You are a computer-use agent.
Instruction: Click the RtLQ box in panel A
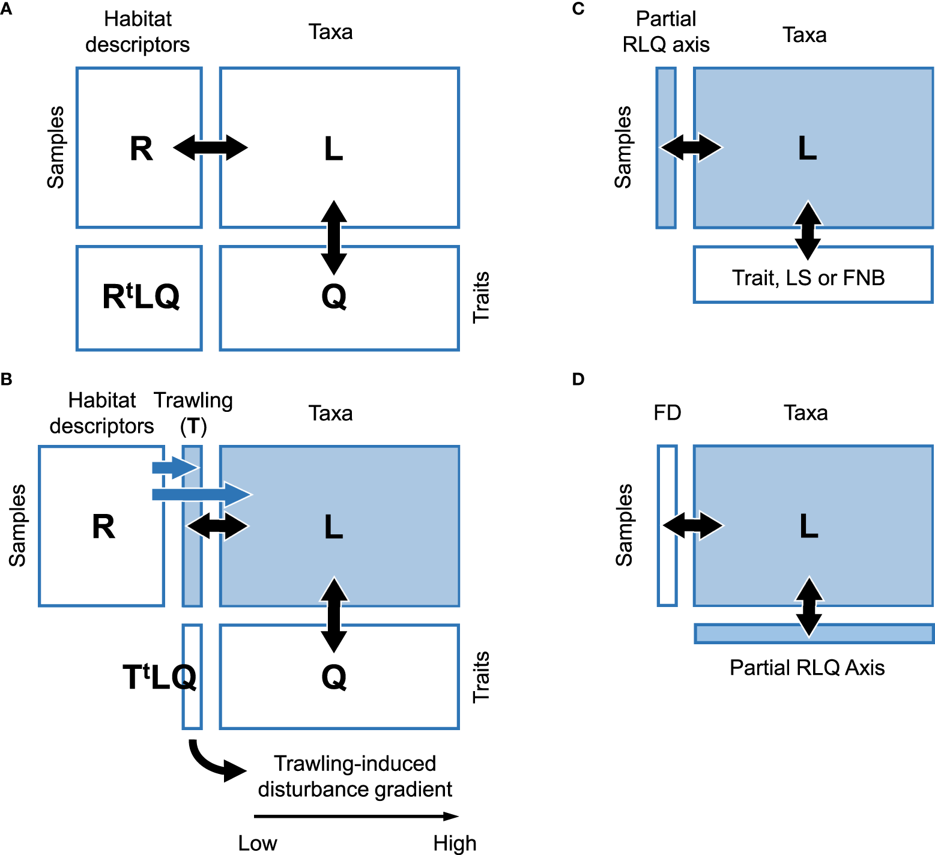(x=139, y=298)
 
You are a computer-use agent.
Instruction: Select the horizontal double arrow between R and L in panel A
(x=211, y=148)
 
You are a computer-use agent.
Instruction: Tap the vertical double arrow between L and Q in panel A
(x=334, y=237)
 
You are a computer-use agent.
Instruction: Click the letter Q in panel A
(x=334, y=297)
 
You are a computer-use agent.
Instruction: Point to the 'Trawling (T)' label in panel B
(x=193, y=413)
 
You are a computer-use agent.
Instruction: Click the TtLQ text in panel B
(x=159, y=677)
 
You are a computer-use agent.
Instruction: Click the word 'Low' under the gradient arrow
(x=258, y=843)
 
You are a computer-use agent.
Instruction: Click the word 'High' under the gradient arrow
(x=455, y=843)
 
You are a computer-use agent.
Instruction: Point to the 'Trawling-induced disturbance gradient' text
(x=355, y=776)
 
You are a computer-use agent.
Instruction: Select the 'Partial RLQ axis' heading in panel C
(x=666, y=32)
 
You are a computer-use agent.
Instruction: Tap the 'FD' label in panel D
(x=667, y=413)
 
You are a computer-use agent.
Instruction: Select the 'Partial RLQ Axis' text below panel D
(x=807, y=668)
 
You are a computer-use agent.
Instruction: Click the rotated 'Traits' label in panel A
(x=481, y=297)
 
